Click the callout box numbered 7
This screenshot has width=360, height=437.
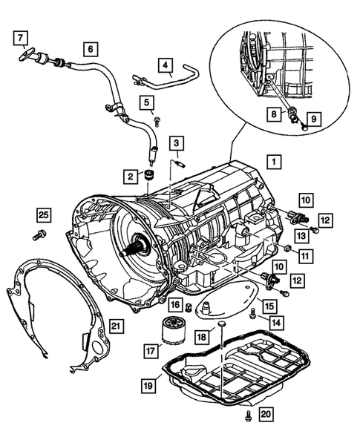[21, 38]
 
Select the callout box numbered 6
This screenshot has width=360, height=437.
[91, 49]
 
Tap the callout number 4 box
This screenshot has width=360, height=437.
[166, 65]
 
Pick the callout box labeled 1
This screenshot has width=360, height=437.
[274, 162]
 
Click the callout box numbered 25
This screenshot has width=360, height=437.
[44, 215]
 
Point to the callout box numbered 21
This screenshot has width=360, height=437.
[116, 325]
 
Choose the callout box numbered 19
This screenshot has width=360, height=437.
[148, 386]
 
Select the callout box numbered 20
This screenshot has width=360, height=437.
[266, 414]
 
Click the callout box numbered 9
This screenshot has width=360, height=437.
[314, 119]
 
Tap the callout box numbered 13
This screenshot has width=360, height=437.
[301, 236]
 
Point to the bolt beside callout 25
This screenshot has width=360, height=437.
[39, 235]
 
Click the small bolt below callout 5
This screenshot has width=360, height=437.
[157, 122]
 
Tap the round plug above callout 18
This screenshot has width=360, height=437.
[222, 323]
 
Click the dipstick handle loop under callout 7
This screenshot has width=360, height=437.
[27, 53]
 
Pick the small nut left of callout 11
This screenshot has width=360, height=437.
[288, 247]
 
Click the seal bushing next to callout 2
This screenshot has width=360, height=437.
[149, 174]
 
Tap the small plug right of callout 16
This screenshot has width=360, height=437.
[189, 307]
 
